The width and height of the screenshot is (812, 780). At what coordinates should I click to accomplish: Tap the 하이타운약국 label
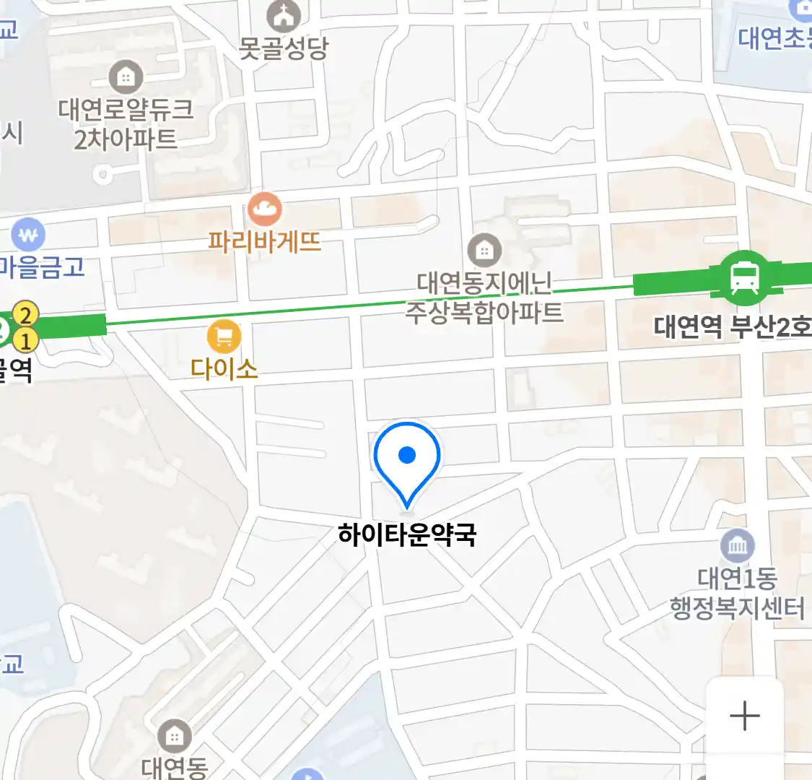click(x=407, y=535)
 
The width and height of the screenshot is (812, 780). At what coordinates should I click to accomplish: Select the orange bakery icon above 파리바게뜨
click(x=264, y=210)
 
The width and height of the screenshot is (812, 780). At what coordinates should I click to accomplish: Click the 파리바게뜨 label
click(x=264, y=240)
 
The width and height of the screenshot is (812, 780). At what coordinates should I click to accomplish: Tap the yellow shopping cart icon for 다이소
click(x=224, y=337)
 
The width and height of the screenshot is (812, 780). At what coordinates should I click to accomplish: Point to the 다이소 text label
click(x=224, y=368)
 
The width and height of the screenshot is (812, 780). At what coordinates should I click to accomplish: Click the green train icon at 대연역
click(x=744, y=277)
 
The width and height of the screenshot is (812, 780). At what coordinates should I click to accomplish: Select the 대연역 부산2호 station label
click(x=730, y=327)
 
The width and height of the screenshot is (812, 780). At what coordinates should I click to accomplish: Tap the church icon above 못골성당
click(x=283, y=15)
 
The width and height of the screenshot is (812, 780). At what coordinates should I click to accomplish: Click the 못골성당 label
click(x=283, y=48)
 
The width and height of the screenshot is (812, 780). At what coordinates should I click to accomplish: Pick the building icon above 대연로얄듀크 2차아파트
click(x=126, y=77)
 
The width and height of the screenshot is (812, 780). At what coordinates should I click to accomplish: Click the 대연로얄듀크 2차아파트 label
click(x=126, y=123)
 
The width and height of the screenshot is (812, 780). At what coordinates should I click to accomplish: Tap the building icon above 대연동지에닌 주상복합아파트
click(x=484, y=251)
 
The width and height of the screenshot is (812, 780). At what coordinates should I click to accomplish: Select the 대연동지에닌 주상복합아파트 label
click(x=484, y=298)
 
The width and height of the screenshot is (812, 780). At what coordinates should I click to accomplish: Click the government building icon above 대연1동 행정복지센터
click(x=737, y=546)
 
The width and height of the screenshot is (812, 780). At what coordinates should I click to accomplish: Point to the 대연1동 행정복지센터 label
click(x=737, y=593)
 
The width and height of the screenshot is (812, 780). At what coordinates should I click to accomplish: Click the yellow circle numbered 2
click(x=26, y=315)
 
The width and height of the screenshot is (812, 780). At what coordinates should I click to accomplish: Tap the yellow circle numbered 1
click(x=26, y=339)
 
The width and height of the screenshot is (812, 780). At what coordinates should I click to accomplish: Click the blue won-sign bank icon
click(x=28, y=235)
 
